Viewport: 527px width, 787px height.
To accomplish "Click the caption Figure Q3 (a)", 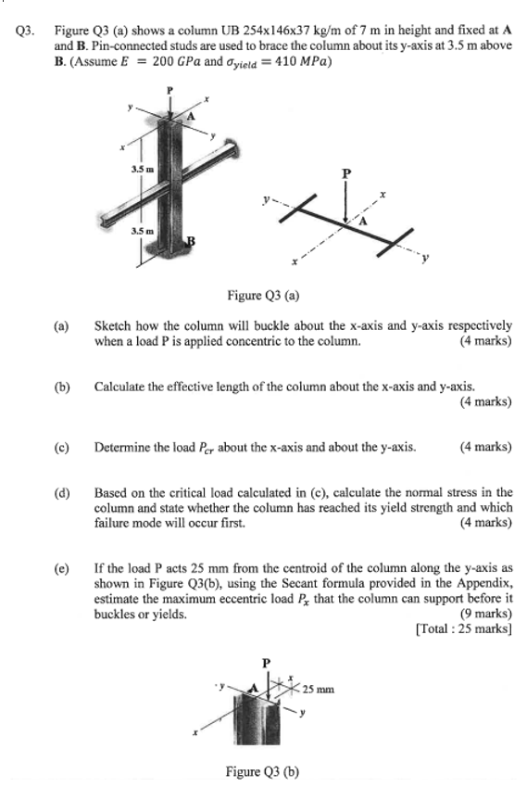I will (262, 296).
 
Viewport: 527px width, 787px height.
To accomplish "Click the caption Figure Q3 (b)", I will (262, 771).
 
